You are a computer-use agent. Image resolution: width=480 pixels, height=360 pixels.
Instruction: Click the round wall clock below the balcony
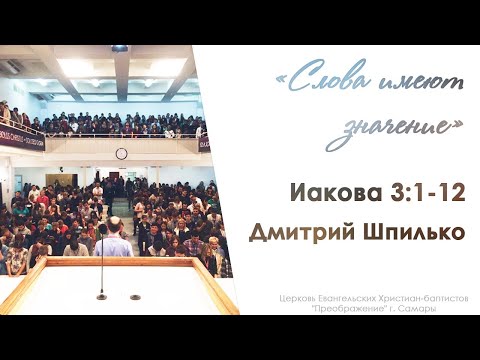[x=121, y=153]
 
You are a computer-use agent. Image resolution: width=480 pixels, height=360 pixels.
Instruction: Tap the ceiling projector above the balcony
[x=119, y=48]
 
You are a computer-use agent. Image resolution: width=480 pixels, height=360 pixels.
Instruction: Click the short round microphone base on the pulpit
[x=135, y=296]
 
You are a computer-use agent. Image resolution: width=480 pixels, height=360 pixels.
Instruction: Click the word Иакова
[x=328, y=193]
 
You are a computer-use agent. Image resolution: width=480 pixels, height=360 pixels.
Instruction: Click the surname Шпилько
[x=419, y=232]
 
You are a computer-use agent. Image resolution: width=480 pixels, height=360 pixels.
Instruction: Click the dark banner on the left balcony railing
[x=21, y=136]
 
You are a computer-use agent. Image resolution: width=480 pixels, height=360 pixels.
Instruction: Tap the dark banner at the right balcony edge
[x=204, y=143]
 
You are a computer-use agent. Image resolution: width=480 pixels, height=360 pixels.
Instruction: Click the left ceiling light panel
[x=76, y=66]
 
